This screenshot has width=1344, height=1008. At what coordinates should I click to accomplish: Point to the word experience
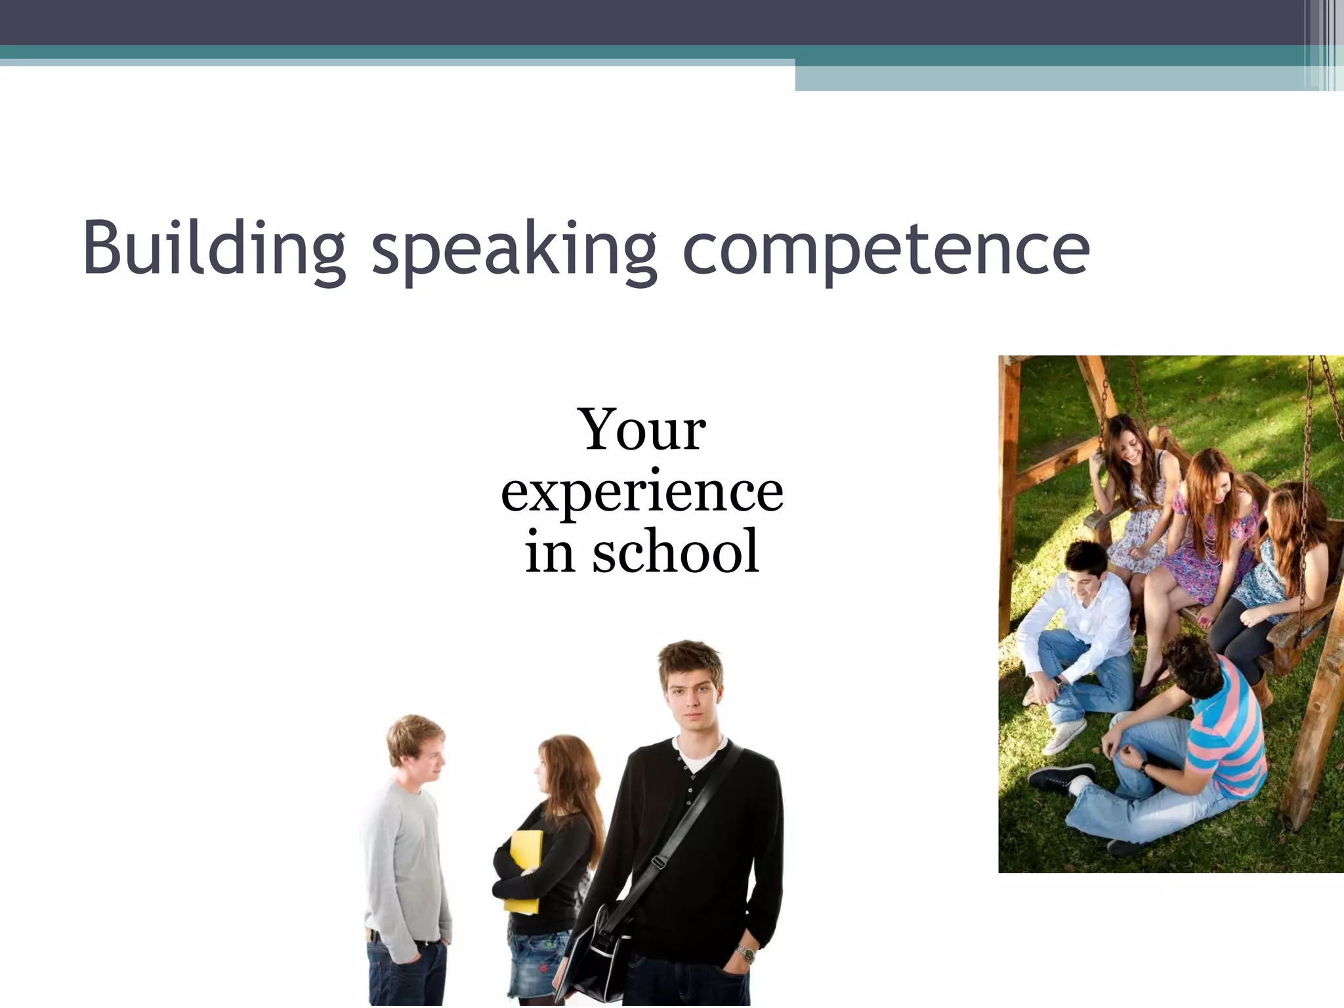pyautogui.click(x=642, y=492)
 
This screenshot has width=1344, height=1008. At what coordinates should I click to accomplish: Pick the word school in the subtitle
pyautogui.click(x=676, y=552)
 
